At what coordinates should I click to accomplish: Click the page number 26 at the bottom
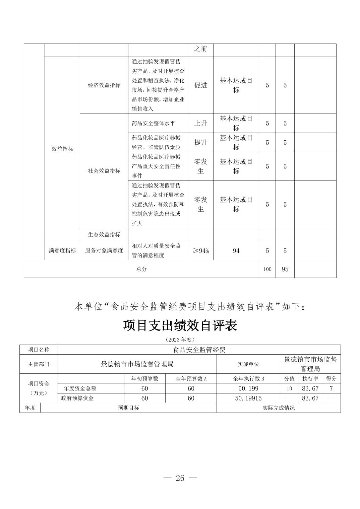tap(180, 478)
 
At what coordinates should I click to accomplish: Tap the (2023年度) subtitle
tap(180, 340)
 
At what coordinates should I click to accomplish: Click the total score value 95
tap(285, 269)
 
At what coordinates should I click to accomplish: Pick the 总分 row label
tap(141, 269)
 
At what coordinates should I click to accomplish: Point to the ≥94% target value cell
tap(200, 250)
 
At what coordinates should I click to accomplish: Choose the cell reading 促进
tap(200, 85)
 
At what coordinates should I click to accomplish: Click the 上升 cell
tap(200, 123)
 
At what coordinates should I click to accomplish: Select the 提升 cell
tap(200, 142)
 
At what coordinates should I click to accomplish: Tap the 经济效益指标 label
tap(104, 85)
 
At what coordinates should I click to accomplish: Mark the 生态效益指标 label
tap(104, 234)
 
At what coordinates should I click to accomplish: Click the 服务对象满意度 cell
tap(104, 250)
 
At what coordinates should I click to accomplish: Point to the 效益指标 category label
tap(62, 149)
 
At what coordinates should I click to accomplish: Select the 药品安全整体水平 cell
tap(153, 123)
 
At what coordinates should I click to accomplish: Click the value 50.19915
tap(248, 398)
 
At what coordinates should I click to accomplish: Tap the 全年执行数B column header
tap(248, 379)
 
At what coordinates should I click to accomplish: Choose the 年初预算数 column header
tap(144, 379)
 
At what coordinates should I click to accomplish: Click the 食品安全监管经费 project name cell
tap(199, 350)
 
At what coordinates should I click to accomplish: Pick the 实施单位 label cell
tap(248, 364)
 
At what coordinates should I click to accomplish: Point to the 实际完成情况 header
tap(279, 408)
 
